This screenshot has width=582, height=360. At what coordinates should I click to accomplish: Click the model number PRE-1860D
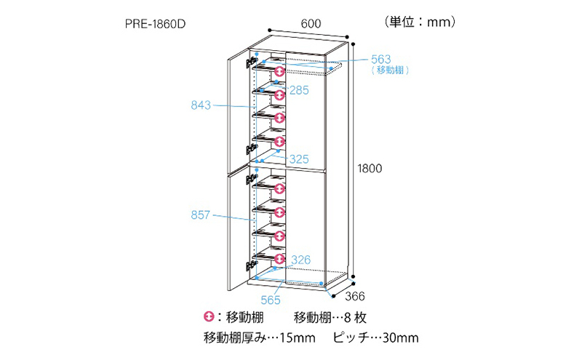pyautogui.click(x=155, y=24)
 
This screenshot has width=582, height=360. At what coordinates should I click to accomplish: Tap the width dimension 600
pyautogui.click(x=311, y=24)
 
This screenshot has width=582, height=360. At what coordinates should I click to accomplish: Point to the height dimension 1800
pyautogui.click(x=370, y=169)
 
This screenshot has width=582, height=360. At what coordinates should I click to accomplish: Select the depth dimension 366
pyautogui.click(x=355, y=296)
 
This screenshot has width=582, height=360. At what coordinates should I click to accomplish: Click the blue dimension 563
pyautogui.click(x=380, y=60)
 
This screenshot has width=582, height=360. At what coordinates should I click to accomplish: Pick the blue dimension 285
pyautogui.click(x=299, y=90)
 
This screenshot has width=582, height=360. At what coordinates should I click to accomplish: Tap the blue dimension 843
pyautogui.click(x=201, y=105)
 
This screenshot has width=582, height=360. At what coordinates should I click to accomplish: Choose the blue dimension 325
pyautogui.click(x=299, y=159)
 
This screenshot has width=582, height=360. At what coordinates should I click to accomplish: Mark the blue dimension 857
pyautogui.click(x=201, y=215)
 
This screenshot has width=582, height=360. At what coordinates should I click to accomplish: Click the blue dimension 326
pyautogui.click(x=300, y=260)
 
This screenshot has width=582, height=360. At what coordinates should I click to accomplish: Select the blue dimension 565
pyautogui.click(x=271, y=300)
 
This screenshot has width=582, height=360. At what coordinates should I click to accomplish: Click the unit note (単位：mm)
pyautogui.click(x=420, y=22)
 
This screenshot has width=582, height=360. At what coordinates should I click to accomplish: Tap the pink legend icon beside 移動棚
pyautogui.click(x=209, y=316)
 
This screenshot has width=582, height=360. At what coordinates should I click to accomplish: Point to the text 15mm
pyautogui.click(x=298, y=337)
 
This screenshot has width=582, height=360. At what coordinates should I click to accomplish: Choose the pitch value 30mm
pyautogui.click(x=401, y=337)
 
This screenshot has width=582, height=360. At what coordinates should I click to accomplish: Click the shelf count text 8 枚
pyautogui.click(x=355, y=317)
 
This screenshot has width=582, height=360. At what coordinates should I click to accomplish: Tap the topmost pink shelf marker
pyautogui.click(x=279, y=71)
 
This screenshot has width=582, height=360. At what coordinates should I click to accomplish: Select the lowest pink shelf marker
pyautogui.click(x=279, y=258)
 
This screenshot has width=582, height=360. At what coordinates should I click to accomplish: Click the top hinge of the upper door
pyautogui.click(x=252, y=62)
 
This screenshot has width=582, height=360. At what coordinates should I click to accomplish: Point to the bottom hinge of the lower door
pyautogui.click(x=252, y=264)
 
